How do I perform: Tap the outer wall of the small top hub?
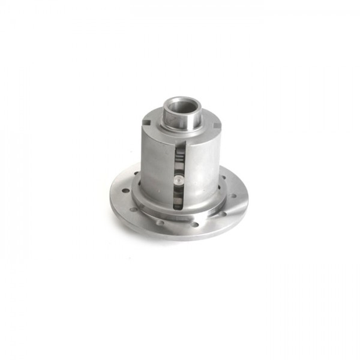tap(181, 121)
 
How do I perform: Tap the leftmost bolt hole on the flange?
tap(125, 191)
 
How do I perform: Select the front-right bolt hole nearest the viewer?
tap(196, 226)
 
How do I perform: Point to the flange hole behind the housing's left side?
tap(137, 175)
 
